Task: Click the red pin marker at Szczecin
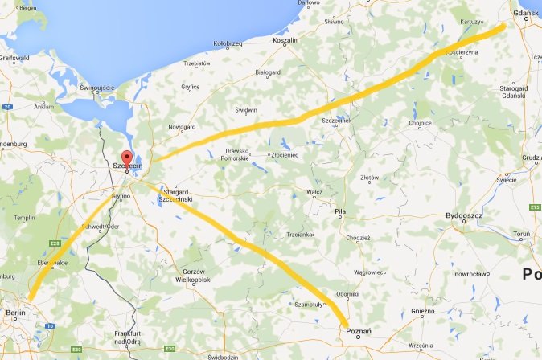point(125,157)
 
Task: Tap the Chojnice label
point(421,124)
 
